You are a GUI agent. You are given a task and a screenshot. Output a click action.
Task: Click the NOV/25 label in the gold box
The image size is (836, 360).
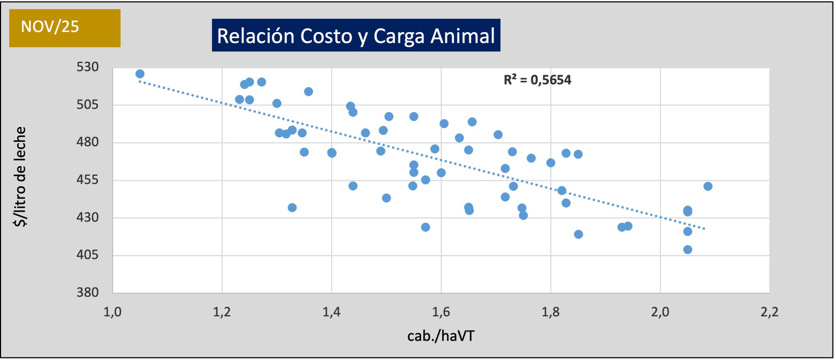coord(50,27)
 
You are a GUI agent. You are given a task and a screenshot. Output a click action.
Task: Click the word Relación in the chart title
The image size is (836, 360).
coord(256,36)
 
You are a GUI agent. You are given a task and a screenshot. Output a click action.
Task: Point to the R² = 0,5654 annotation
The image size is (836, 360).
coord(537,80)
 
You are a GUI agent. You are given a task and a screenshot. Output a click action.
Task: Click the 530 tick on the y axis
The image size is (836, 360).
coord(87,67)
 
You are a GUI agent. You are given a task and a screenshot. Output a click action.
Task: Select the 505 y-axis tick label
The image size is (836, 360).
coord(87,105)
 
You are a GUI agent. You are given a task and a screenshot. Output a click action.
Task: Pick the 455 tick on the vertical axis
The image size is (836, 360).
coord(87,180)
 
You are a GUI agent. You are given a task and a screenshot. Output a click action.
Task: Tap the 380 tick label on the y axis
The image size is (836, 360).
coord(87,292)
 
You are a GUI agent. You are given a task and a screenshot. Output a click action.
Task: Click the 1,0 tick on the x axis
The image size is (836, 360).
coord(112,312)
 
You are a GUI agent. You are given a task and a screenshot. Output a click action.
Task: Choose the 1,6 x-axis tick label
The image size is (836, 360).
coord(441,312)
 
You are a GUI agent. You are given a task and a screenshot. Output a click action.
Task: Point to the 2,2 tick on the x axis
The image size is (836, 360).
coord(770,312)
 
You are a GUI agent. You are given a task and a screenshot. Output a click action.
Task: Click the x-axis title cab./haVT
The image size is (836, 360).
coord(441,336)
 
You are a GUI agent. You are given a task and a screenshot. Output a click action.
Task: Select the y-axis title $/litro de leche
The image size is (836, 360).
coord(20,177)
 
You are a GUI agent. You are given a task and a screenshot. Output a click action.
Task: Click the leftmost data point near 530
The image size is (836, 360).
coord(140,74)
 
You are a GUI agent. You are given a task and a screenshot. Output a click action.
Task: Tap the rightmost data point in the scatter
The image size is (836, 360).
coord(708,186)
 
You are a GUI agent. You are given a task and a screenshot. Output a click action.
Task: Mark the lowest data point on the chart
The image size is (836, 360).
coord(688,250)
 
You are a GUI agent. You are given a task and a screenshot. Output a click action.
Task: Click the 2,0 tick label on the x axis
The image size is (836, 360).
coord(660,312)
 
